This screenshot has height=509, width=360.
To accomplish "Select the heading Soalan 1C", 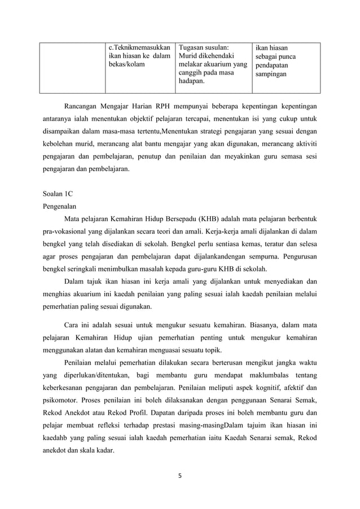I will (58, 193).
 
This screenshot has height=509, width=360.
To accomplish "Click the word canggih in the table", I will (192, 73).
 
